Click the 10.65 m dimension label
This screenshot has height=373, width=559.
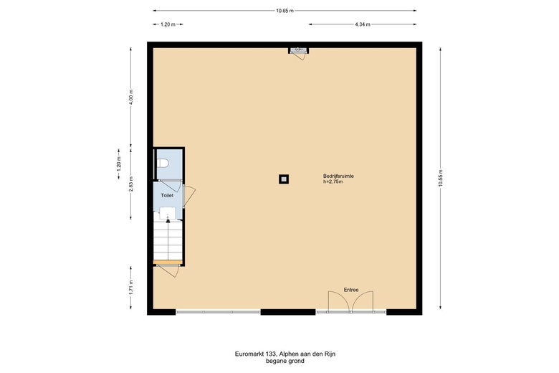click(285, 11)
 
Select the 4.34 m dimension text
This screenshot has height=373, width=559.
click(362, 24)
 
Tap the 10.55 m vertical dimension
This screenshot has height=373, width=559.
click(440, 178)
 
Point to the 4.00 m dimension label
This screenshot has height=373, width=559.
click(131, 96)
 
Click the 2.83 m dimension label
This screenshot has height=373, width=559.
click(131, 184)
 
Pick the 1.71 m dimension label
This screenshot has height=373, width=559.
click(131, 288)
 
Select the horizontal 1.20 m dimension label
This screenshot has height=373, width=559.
click(168, 24)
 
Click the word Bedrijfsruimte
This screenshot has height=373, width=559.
click(338, 176)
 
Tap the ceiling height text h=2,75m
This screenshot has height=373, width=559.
click(333, 181)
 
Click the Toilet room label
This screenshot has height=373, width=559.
click(167, 196)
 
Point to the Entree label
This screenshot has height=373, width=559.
click(351, 290)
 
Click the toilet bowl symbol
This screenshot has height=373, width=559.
click(163, 163)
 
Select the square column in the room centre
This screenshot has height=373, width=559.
click(284, 179)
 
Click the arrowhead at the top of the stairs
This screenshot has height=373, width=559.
click(168, 222)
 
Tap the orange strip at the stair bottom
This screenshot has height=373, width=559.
click(168, 263)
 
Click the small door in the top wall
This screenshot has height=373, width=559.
click(299, 54)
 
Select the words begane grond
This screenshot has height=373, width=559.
click(285, 361)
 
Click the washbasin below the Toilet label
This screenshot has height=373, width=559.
click(167, 213)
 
